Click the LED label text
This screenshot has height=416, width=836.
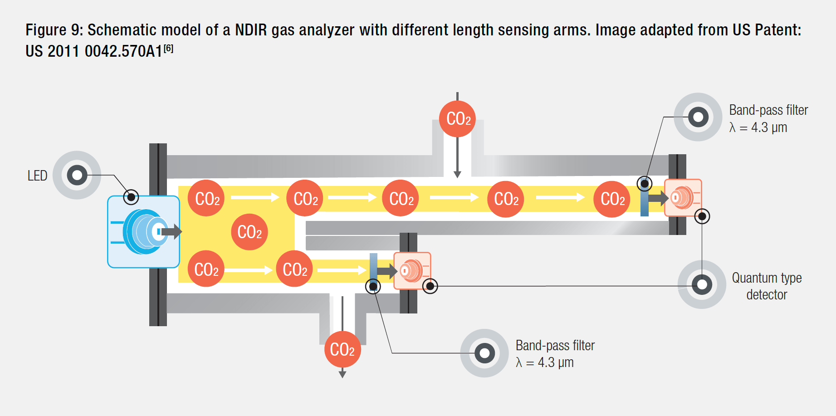click(x=37, y=176)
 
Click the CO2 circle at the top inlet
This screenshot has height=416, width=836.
click(x=457, y=119)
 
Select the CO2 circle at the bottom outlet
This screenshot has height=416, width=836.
click(x=342, y=349)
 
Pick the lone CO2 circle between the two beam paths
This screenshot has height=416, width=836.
click(x=249, y=232)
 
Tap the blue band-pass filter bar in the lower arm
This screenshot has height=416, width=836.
click(x=373, y=271)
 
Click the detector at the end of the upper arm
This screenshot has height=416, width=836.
click(x=683, y=198)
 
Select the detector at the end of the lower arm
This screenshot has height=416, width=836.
click(x=412, y=271)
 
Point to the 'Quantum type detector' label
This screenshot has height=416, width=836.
click(x=767, y=286)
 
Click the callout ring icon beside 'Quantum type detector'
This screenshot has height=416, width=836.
click(x=702, y=284)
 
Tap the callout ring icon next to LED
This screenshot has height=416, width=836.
click(x=77, y=175)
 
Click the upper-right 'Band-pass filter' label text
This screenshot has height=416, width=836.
click(x=768, y=110)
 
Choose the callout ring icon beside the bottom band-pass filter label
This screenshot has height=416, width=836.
click(x=484, y=353)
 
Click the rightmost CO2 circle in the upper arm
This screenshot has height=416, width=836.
click(x=612, y=199)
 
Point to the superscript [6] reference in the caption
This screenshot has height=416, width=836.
click(x=168, y=48)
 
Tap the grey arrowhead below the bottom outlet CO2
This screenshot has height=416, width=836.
click(x=342, y=374)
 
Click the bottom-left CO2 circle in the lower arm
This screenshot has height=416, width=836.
click(x=206, y=269)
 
